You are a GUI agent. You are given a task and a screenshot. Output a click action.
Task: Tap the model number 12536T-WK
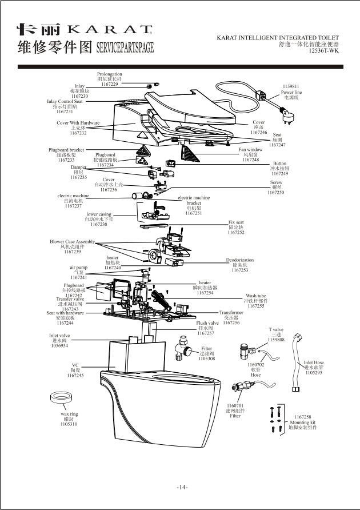pyautogui.click(x=323, y=50)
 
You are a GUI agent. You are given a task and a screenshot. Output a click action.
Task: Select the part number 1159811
pyautogui.click(x=291, y=86)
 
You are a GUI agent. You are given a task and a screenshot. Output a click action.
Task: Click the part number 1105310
pyautogui.click(x=69, y=424)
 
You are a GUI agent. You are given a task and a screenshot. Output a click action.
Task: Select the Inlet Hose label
pyautogui.click(x=314, y=362)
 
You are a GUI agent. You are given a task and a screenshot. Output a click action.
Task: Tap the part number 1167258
pyautogui.click(x=303, y=417)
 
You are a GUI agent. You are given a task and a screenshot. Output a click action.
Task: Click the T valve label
pyautogui.click(x=276, y=329)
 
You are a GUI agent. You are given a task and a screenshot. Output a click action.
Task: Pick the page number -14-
pyautogui.click(x=182, y=487)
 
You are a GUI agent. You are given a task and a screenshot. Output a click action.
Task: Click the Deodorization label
pyautogui.click(x=239, y=260)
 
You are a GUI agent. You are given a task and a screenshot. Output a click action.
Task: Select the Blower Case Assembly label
pyautogui.click(x=72, y=242)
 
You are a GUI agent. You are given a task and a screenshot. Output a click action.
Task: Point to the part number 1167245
pyautogui.click(x=75, y=376)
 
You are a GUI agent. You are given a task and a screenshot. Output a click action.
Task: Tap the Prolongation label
pyautogui.click(x=109, y=74)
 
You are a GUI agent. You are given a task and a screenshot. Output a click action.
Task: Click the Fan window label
pyautogui.click(x=250, y=150)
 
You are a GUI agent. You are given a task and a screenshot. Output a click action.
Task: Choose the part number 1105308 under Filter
pyautogui.click(x=206, y=358)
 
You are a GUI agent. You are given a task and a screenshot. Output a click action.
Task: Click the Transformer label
pyautogui.click(x=231, y=313)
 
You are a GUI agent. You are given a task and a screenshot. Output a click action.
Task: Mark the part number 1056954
pyautogui.click(x=59, y=345)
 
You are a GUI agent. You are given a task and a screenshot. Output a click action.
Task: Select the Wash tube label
pyautogui.click(x=255, y=296)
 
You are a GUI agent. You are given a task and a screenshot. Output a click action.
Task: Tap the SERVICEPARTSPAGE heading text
pyautogui.click(x=125, y=47)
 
